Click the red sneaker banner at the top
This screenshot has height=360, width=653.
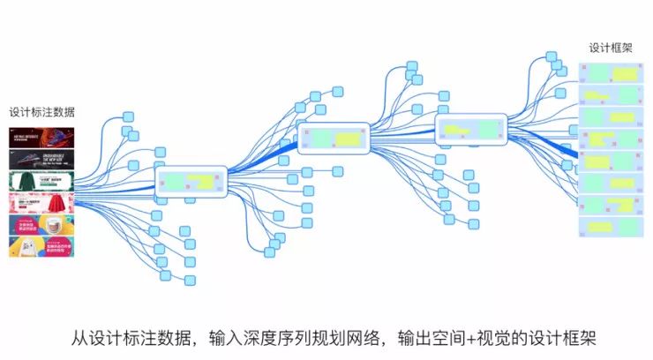click(x=41, y=138)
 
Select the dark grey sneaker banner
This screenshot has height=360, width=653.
click(x=41, y=160)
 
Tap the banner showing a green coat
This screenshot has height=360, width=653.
click(x=41, y=182)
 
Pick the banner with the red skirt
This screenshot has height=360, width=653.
click(x=41, y=204)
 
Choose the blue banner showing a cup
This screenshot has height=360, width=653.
click(x=41, y=225)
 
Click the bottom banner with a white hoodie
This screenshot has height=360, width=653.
click(x=41, y=246)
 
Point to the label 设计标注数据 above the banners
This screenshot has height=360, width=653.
click(x=41, y=112)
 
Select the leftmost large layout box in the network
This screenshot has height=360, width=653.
click(x=191, y=182)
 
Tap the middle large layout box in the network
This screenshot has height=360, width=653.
click(x=333, y=139)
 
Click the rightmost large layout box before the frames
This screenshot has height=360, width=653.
click(x=471, y=129)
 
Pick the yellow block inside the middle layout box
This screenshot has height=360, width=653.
click(x=345, y=139)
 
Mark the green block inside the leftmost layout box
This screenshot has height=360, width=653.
click(x=176, y=181)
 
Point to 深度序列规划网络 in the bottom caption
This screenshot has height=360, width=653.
click(x=314, y=337)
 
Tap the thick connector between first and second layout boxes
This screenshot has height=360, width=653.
click(x=263, y=160)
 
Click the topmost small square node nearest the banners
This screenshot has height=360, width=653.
click(x=128, y=116)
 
